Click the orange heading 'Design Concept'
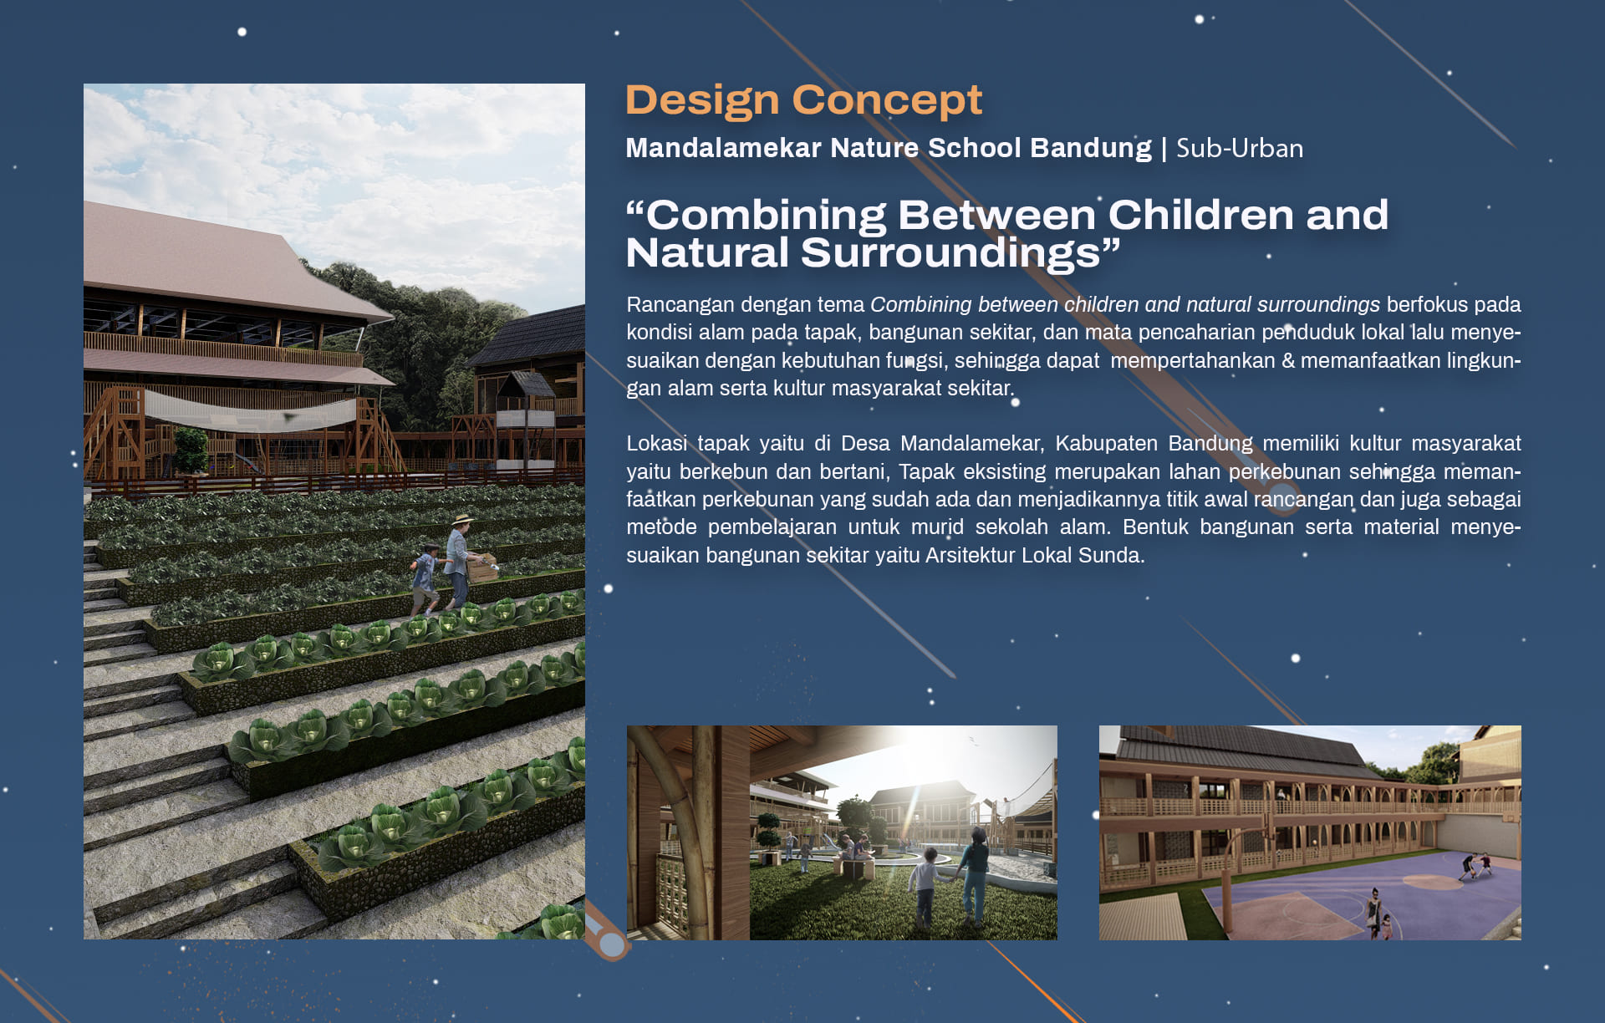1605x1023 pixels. tap(803, 101)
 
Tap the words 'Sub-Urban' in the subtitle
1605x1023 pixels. tap(1239, 148)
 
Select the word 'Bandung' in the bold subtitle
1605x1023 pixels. tap(1091, 148)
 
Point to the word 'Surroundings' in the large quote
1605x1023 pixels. tap(950, 253)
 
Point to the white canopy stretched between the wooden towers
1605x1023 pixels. tap(251, 410)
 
